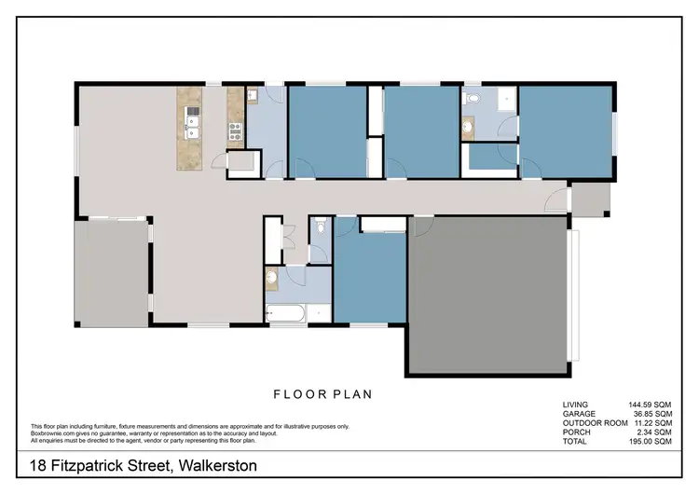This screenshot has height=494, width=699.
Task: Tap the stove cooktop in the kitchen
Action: click(235, 130)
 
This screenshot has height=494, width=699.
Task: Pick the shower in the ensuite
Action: click(505, 99)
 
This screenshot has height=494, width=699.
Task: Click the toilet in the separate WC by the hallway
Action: click(320, 226)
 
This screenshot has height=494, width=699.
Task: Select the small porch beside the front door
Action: click(590, 197)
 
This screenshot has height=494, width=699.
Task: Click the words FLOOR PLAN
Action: click(322, 394)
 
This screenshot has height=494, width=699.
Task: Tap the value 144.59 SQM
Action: click(650, 404)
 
